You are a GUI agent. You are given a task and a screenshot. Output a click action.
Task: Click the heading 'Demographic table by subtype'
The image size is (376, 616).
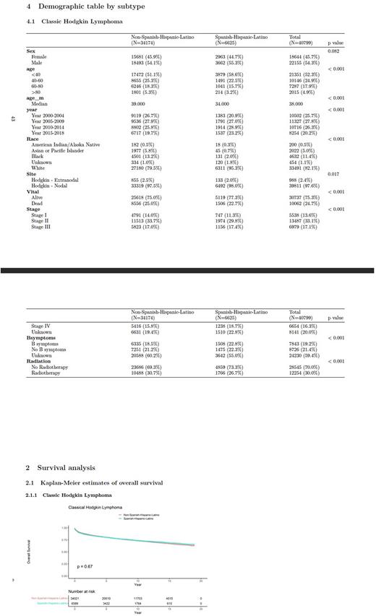(x=80, y=6)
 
